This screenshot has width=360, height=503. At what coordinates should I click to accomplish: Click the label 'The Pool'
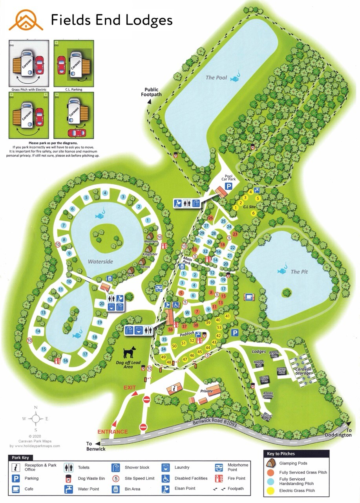click(216, 77)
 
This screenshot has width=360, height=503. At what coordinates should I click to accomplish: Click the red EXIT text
click(130, 387)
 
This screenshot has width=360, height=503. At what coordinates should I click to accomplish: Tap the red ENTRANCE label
click(113, 431)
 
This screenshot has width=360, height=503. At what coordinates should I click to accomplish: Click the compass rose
click(36, 419)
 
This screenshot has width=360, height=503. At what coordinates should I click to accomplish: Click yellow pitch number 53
click(219, 327)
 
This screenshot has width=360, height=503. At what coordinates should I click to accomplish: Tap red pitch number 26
click(210, 218)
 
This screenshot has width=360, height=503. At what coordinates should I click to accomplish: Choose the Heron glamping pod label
click(144, 267)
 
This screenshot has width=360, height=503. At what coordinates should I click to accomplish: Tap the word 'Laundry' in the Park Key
click(181, 467)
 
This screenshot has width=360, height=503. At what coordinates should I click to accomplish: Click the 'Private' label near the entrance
click(206, 391)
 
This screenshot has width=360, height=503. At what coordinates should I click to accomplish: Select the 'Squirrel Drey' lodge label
click(267, 417)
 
